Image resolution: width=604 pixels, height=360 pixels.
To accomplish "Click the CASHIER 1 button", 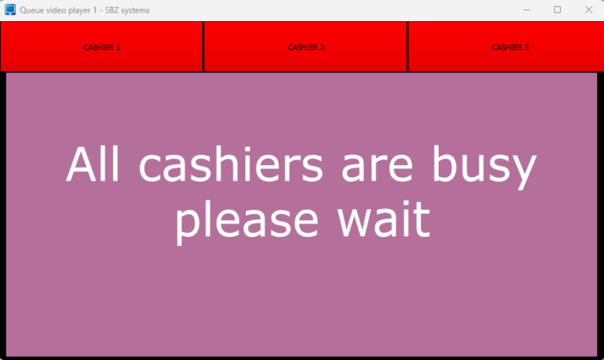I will coord(101,47).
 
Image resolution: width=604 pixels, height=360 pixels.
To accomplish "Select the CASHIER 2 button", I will coord(305,47).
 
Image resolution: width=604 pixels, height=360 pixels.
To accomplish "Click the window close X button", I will coord(587,10).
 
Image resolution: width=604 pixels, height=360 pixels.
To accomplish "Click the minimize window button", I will coord(528,10).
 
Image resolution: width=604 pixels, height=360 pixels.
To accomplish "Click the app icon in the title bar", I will coord(10,10).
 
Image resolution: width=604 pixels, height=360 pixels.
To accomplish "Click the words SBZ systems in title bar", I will coord(127,10).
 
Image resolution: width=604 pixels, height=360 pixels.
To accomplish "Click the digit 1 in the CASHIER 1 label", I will coord(118,47).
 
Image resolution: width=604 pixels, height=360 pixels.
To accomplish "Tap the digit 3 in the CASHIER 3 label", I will coord(526,47).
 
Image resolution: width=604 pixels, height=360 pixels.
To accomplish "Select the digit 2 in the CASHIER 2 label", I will coord(322,47).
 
